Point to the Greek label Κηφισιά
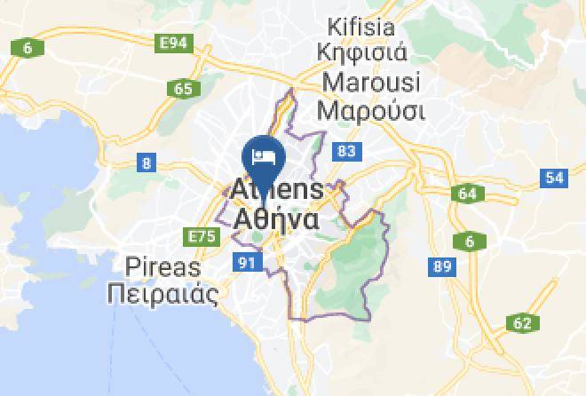(x=364, y=51)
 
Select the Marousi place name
(x=368, y=83)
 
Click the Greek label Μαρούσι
(x=370, y=112)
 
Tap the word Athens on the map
(x=278, y=189)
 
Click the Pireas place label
(x=163, y=266)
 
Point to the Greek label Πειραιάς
(x=162, y=294)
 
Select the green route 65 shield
(x=184, y=88)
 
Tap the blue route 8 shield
(x=146, y=162)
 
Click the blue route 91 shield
(x=245, y=261)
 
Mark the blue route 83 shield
(x=346, y=152)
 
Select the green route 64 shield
(x=467, y=194)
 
